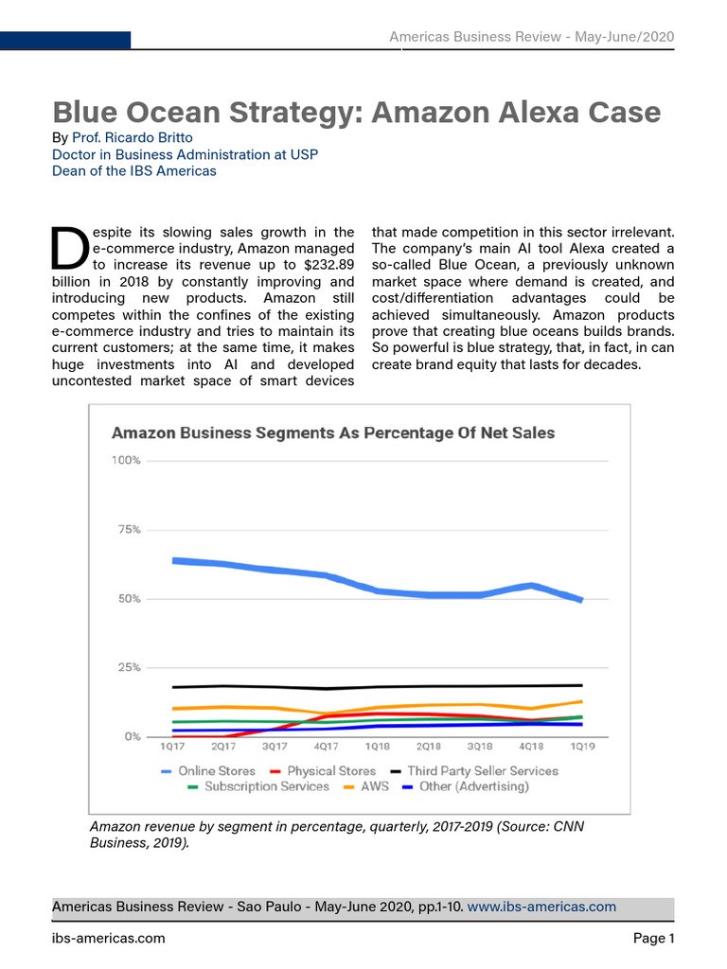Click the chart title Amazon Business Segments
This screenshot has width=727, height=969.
[333, 433]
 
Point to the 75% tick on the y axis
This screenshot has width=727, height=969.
[127, 530]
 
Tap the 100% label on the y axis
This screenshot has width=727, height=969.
[126, 461]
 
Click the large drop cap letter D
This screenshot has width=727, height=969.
[69, 247]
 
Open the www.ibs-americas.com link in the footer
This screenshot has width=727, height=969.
[542, 907]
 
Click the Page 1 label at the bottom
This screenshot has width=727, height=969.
[653, 939]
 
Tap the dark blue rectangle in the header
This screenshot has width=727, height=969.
[65, 40]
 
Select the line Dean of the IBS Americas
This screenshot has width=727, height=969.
[133, 171]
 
